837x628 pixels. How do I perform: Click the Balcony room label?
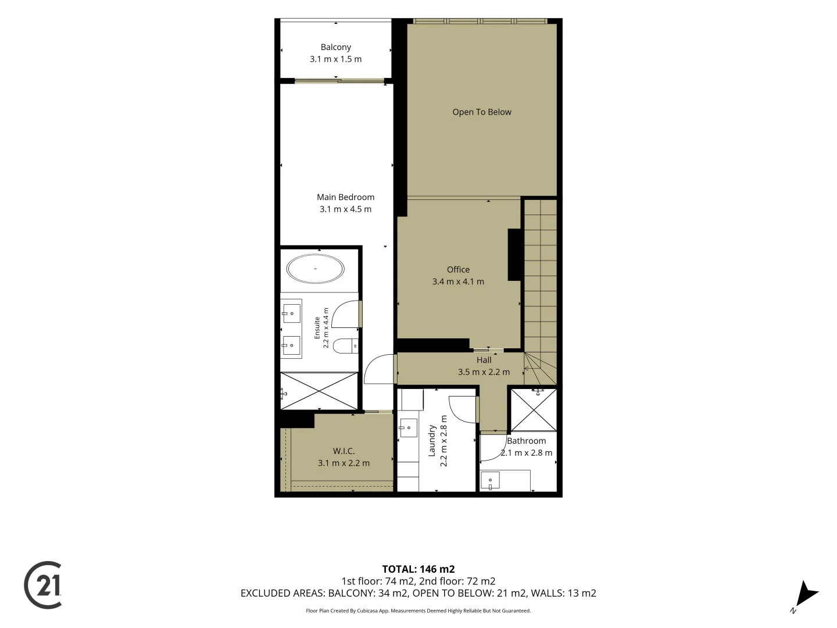tap(335, 47)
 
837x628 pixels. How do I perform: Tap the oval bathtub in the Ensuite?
tap(316, 269)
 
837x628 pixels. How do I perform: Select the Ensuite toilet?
tap(345, 346)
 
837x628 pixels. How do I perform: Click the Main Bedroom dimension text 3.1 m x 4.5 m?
tap(345, 209)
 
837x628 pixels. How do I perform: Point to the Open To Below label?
tap(482, 112)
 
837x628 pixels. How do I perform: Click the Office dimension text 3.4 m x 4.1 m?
tap(458, 282)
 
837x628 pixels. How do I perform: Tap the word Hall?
tap(484, 360)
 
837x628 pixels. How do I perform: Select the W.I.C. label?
tap(344, 451)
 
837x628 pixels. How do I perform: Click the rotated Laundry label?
tap(432, 441)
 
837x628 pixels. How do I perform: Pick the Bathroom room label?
tap(526, 441)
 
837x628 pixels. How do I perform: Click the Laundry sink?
tap(408, 428)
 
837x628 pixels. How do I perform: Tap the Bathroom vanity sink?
tap(490, 480)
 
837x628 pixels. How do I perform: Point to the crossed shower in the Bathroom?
tap(534, 411)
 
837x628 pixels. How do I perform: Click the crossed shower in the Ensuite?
tap(319, 391)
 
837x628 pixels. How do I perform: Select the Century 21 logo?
tap(43, 585)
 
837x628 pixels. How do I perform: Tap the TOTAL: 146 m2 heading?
tap(419, 569)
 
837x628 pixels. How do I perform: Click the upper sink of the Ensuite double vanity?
tap(291, 313)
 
